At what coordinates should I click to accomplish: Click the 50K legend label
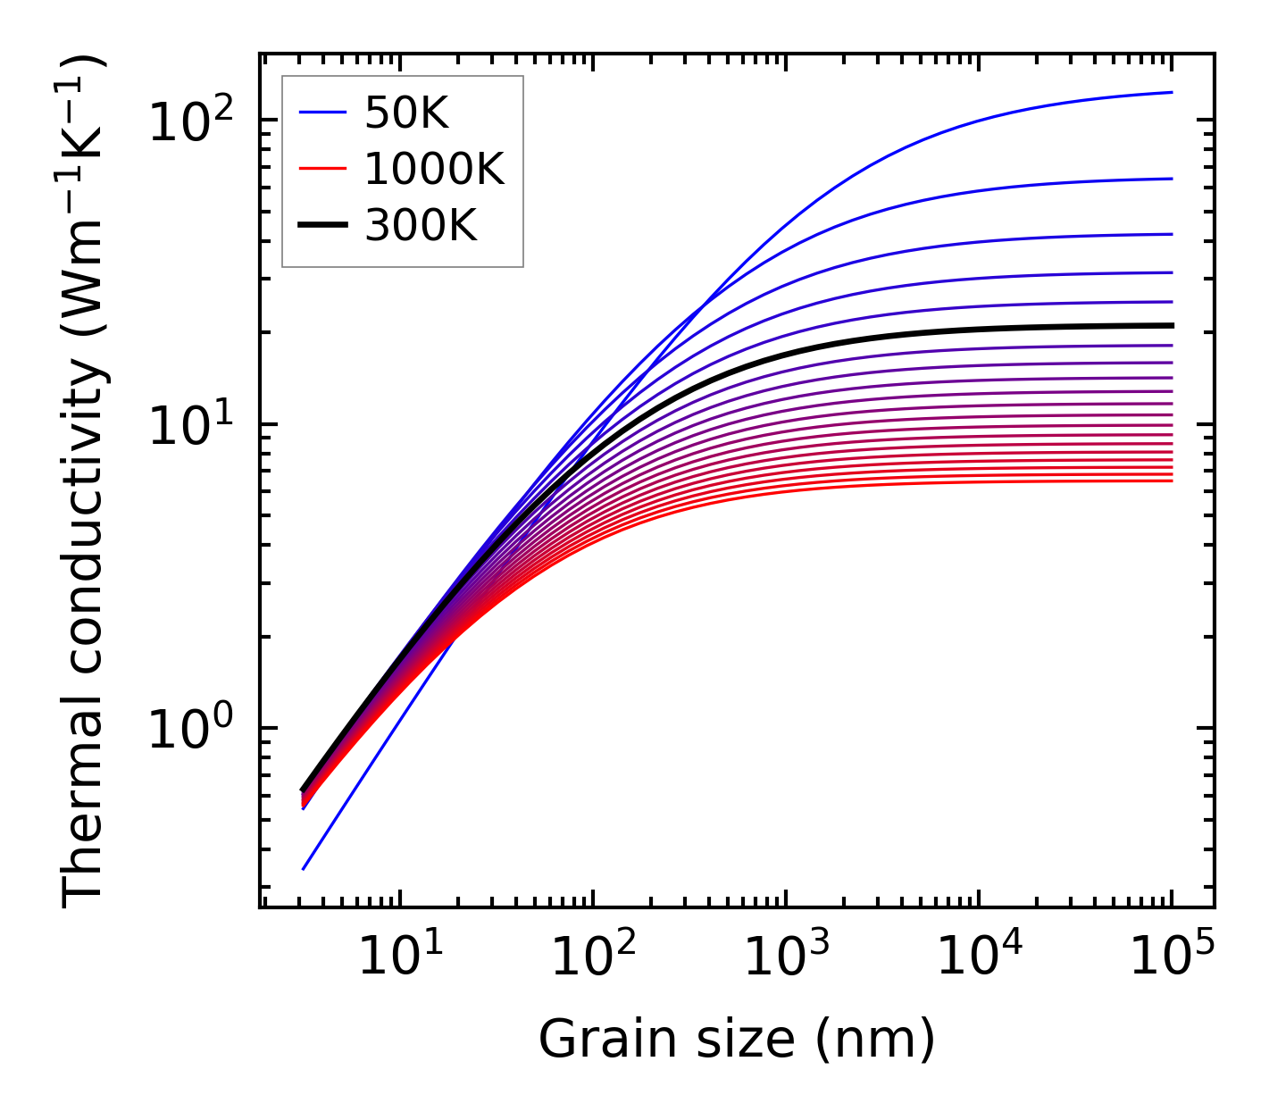click(405, 113)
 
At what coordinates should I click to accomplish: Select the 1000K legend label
click(434, 170)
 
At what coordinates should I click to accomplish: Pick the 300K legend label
click(421, 227)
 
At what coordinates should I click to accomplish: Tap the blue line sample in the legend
click(321, 113)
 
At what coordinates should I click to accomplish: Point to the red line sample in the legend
click(321, 170)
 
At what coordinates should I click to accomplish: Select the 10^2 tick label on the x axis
click(591, 957)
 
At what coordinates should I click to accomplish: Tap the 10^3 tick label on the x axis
click(784, 957)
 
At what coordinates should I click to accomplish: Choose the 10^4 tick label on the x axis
click(978, 957)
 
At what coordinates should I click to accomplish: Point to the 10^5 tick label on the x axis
click(1172, 957)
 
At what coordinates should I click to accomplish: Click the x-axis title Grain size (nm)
click(737, 1039)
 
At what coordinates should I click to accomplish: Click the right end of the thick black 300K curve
click(1171, 325)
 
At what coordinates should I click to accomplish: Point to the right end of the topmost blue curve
click(1171, 92)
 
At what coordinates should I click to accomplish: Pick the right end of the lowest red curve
click(1171, 481)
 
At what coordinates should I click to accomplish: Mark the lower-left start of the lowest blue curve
click(304, 868)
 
